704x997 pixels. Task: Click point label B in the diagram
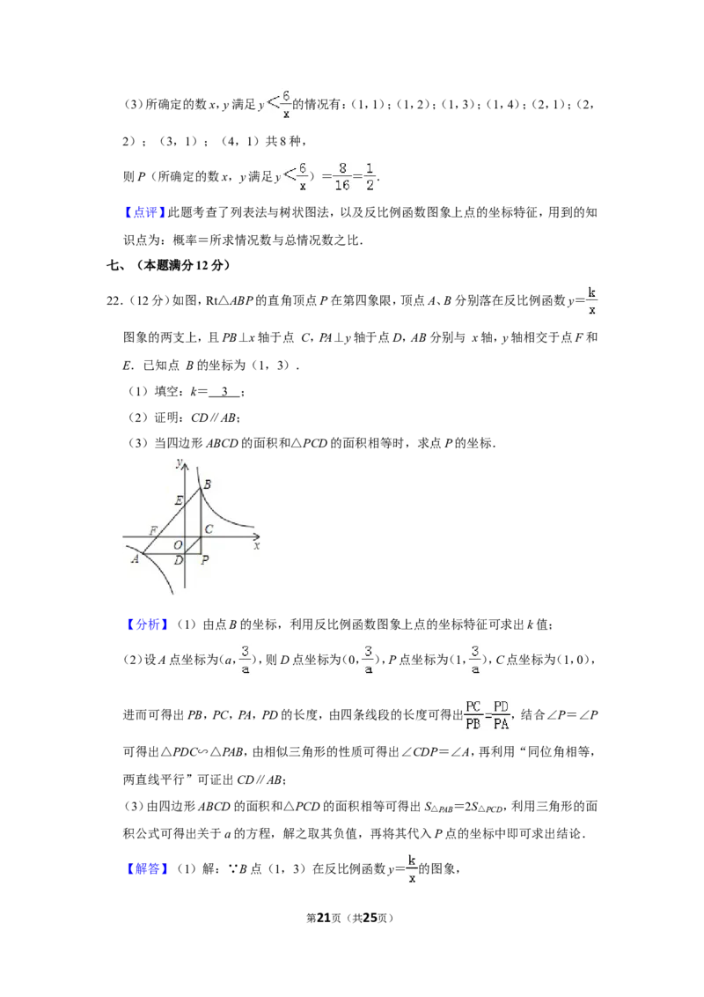207,484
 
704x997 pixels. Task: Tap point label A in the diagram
135,559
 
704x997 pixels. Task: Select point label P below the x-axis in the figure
204,560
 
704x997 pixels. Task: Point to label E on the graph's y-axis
179,501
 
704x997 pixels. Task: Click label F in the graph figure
153,530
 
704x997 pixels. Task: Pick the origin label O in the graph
178,545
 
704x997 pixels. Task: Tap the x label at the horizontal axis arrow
257,545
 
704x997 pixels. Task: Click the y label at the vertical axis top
180,463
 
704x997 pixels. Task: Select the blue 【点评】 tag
145,212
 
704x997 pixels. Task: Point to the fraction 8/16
341,176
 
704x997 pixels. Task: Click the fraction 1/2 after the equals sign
370,176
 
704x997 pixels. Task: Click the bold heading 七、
118,266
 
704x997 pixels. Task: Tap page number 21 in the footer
324,918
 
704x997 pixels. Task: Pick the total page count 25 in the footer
370,918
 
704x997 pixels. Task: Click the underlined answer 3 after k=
224,392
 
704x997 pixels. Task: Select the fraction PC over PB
473,715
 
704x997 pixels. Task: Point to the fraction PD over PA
502,715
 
